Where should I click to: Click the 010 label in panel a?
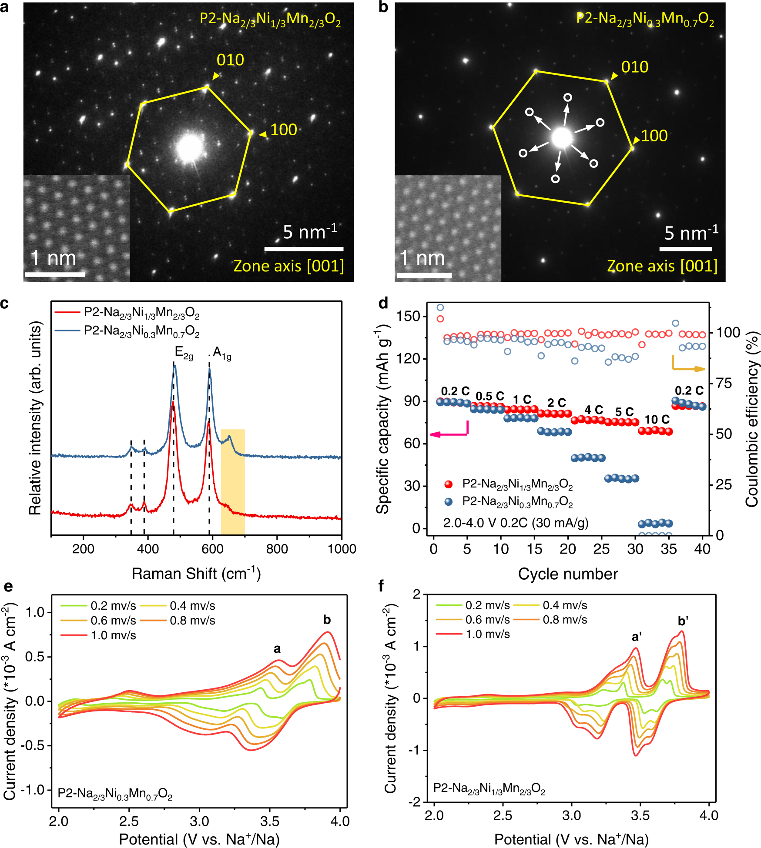pos(230,60)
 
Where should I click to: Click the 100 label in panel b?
pos(654,136)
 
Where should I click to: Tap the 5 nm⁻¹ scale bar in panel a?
pos(304,249)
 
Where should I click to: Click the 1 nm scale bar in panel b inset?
pos(424,275)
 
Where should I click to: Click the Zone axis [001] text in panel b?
pos(662,266)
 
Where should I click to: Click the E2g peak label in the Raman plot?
pos(184,353)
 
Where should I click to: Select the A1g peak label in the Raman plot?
pos(222,354)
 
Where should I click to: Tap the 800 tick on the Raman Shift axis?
pos(277,549)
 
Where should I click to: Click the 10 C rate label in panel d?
pos(657,420)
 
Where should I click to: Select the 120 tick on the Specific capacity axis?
pos(409,359)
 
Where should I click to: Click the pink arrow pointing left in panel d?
pos(448,434)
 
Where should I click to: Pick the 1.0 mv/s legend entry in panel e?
pos(113,635)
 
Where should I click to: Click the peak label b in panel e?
pos(327,620)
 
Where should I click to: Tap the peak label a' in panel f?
pos(637,637)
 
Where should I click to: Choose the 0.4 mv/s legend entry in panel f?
pos(565,605)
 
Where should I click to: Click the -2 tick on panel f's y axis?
pos(416,801)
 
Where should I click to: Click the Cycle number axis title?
pos(567,574)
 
